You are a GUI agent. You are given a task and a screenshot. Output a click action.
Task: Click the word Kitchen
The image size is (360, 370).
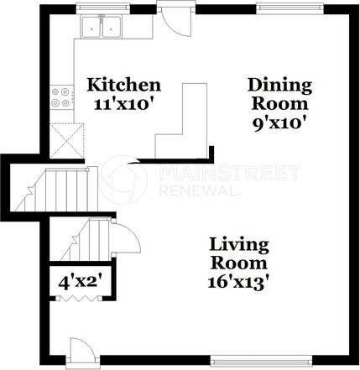coord(124,85)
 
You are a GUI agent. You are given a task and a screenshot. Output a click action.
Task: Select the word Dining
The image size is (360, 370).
coord(279,85)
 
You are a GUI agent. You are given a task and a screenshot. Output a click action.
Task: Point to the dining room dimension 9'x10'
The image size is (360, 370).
coord(279,122)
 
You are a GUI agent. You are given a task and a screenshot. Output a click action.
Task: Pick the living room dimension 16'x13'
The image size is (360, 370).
coord(239,283)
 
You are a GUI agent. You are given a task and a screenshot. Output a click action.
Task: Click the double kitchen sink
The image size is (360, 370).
coord(102,28)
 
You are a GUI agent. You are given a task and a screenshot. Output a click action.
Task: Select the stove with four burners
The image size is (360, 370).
coord(61,97)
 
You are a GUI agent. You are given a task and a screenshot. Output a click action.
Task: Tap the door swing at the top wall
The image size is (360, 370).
coord(177,21)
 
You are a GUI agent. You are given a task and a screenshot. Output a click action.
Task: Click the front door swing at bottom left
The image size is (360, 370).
coord(78,349)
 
